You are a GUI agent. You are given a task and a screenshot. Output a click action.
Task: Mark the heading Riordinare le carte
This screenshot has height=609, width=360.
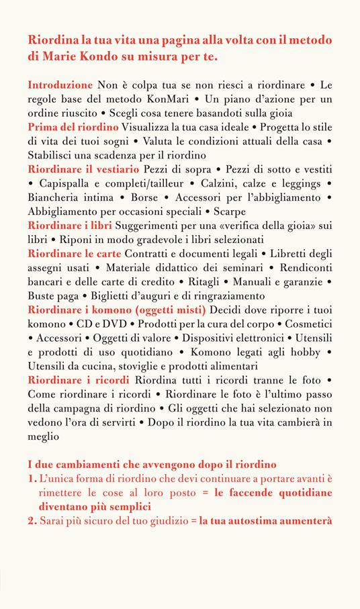point(71,254)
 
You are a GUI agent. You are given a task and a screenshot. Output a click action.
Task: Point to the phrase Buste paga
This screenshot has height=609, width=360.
point(54,296)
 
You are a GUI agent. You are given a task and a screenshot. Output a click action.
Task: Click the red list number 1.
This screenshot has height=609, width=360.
point(32,478)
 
